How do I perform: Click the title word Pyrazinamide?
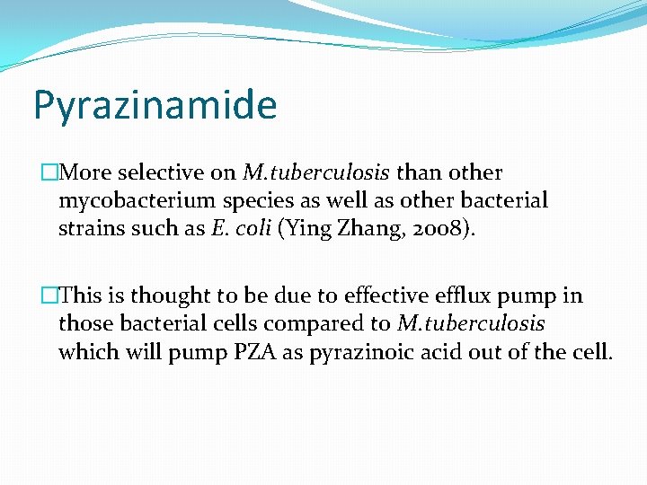pos(155,106)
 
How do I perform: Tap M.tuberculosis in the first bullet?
pos(317,172)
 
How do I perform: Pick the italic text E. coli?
pos(241,228)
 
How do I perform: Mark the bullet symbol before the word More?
pos(49,172)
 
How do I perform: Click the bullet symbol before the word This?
pos(49,295)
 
